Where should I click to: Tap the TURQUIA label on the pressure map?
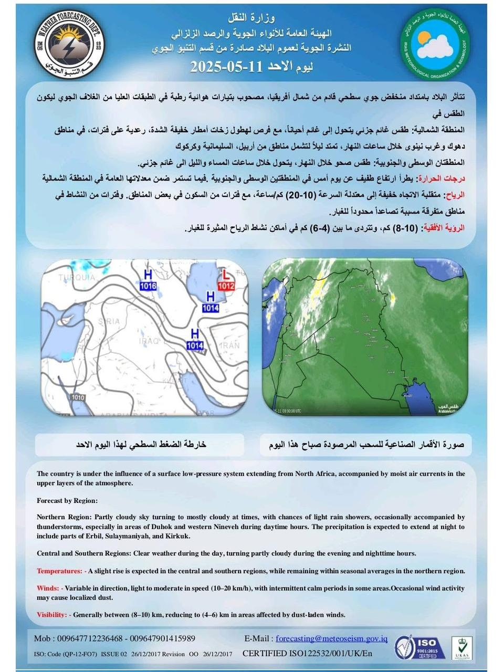pyautogui.click(x=77, y=277)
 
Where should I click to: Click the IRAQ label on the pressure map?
pyautogui.click(x=149, y=341)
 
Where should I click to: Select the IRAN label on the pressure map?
pyautogui.click(x=229, y=345)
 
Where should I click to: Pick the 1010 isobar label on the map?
pyautogui.click(x=77, y=397)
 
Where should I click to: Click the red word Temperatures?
pyautogui.click(x=59, y=571)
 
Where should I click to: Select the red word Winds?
pyautogui.click(x=48, y=588)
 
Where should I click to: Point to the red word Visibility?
pyautogui.click(x=52, y=614)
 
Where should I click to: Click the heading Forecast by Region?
pyautogui.click(x=67, y=500)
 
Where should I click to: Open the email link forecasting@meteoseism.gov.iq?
pyautogui.click(x=331, y=638)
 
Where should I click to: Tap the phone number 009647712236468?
pyautogui.click(x=78, y=638)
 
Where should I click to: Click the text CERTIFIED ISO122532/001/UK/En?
pyautogui.click(x=307, y=653)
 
